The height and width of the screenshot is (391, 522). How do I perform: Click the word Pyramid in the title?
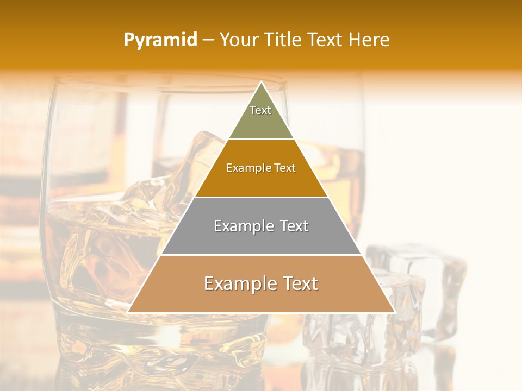(x=160, y=40)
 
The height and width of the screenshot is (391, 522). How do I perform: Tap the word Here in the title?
(x=369, y=40)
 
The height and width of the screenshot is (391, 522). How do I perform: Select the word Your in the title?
(x=238, y=40)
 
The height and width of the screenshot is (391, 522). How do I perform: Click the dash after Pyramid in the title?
(x=208, y=40)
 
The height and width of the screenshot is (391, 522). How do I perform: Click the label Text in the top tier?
(x=260, y=110)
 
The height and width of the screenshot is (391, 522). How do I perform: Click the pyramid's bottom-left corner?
(x=129, y=312)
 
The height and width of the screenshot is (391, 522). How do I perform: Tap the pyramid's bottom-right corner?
(x=394, y=312)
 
